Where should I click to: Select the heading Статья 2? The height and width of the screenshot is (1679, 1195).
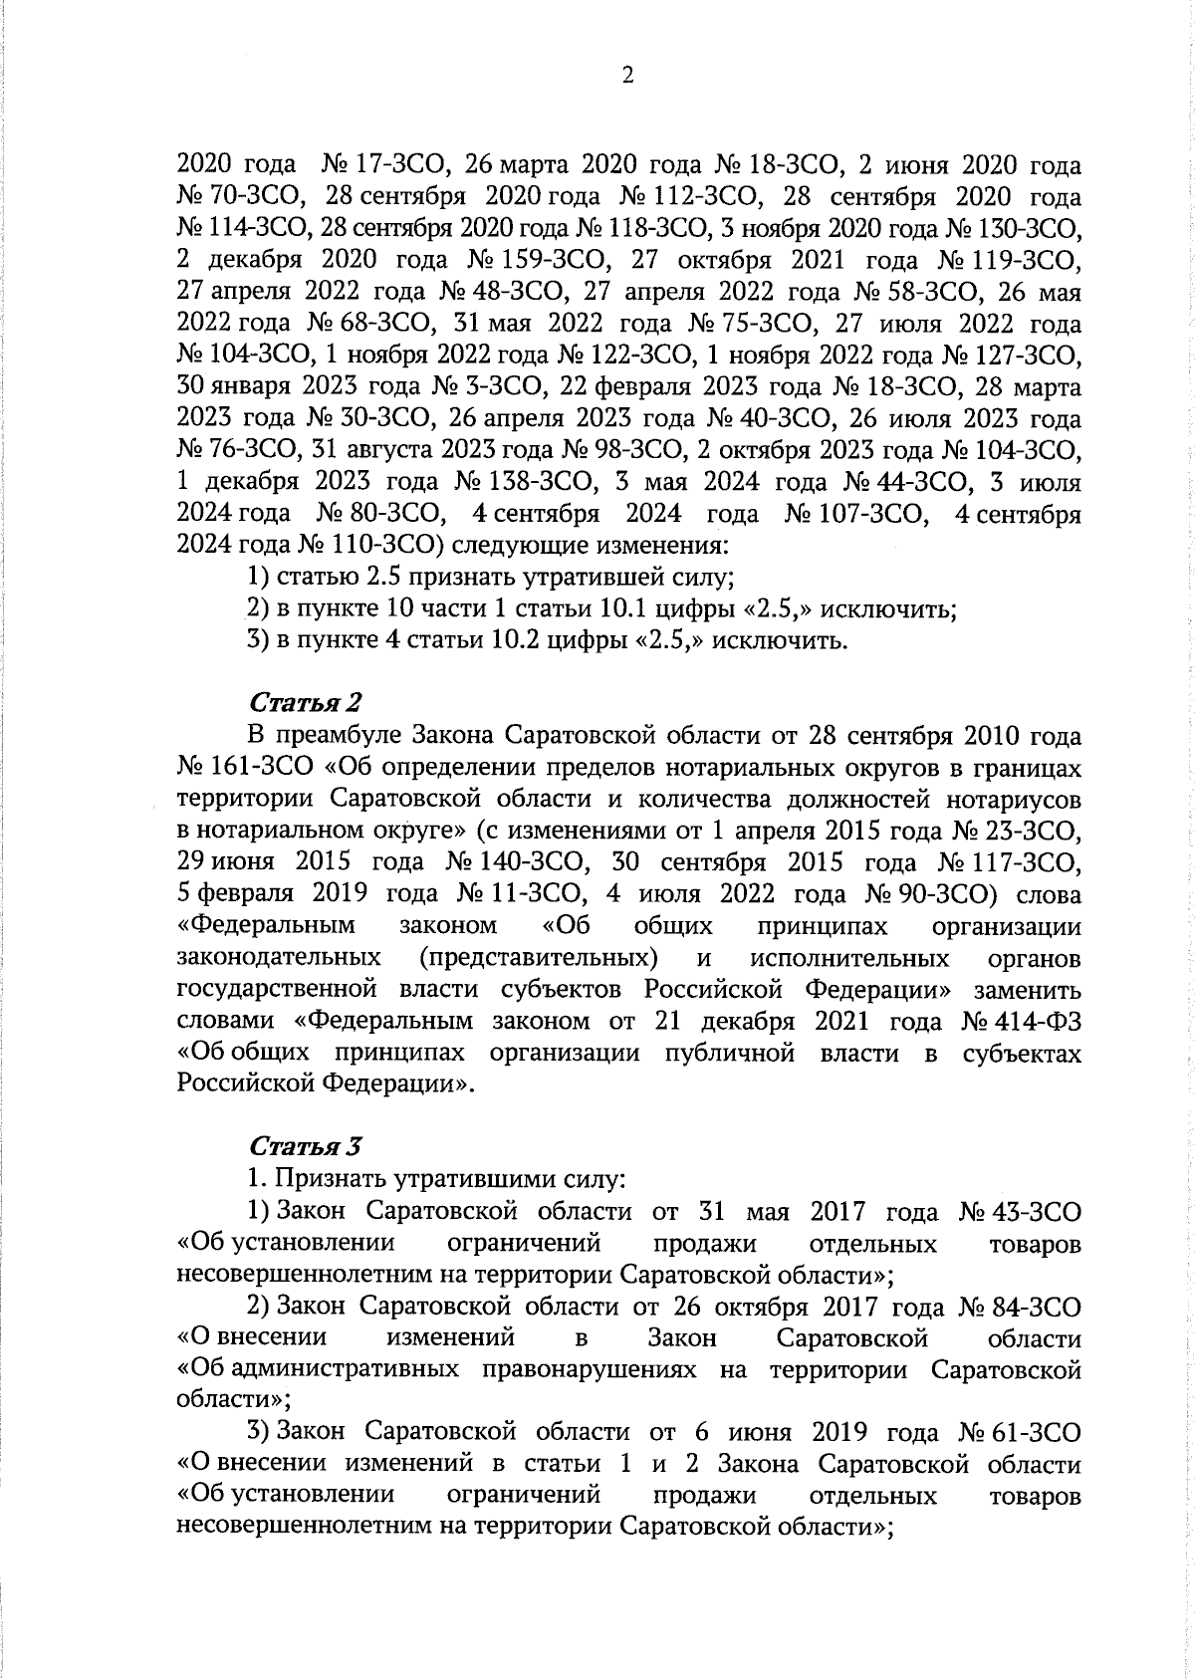tap(305, 703)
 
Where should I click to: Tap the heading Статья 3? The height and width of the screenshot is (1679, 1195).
tap(305, 1146)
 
